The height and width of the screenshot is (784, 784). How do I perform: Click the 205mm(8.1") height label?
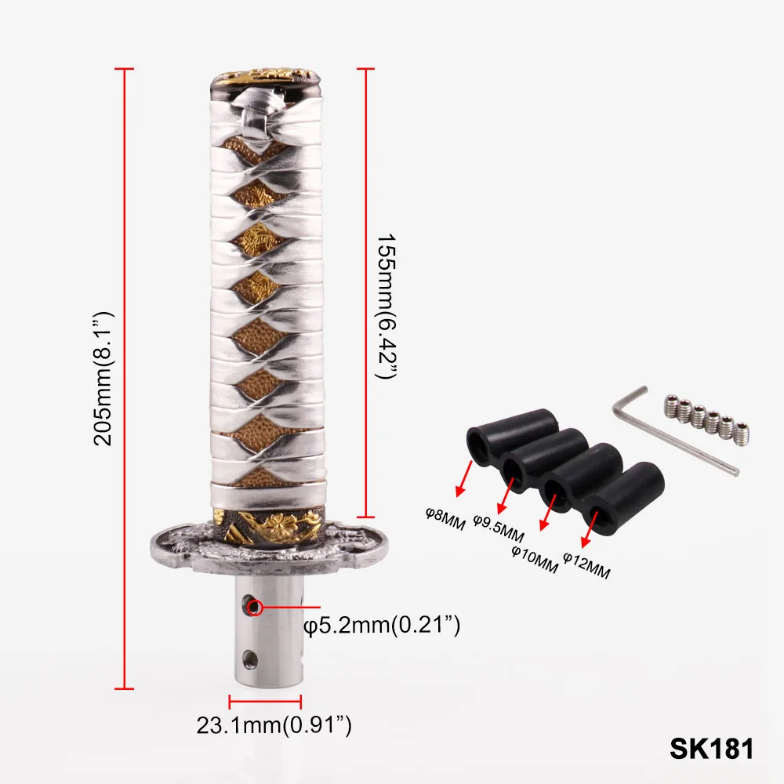[103, 379]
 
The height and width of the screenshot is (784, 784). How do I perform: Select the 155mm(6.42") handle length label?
[386, 306]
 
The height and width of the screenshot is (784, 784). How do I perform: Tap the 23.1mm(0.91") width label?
[274, 725]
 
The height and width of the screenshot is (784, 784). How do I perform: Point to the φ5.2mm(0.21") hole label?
[382, 626]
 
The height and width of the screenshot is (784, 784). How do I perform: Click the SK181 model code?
[712, 749]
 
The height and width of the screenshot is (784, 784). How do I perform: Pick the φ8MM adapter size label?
[445, 518]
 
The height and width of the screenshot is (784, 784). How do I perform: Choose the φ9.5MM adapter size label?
[498, 529]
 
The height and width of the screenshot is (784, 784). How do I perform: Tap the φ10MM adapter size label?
[535, 559]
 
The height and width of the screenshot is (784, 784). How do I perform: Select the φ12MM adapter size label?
[586, 565]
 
